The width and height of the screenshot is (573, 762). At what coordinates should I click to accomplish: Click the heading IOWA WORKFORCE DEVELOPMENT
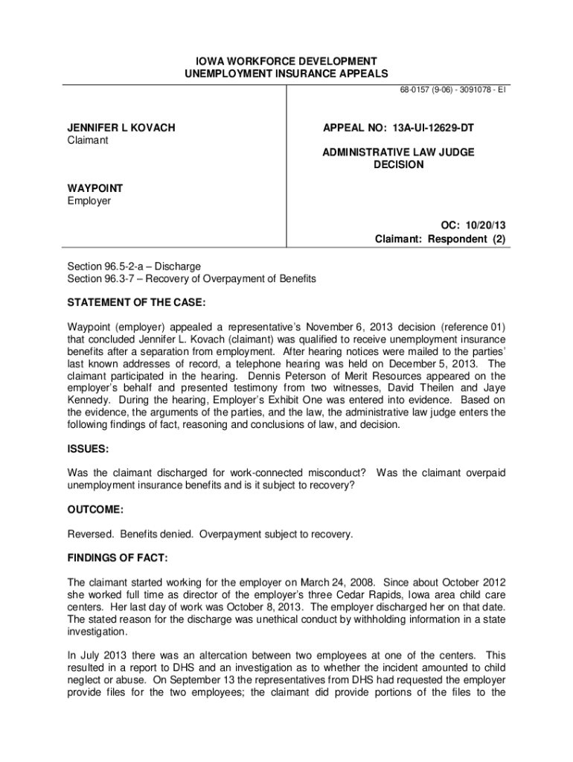(286, 60)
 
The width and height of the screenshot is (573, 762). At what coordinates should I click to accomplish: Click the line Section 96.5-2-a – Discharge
(134, 266)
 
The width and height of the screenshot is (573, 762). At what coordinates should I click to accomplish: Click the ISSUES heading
(88, 449)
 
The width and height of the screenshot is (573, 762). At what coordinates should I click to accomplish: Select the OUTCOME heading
(95, 510)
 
